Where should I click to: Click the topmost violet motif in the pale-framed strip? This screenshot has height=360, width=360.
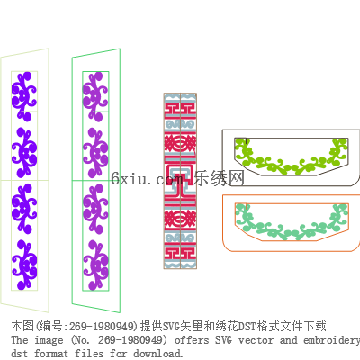click(x=24, y=96)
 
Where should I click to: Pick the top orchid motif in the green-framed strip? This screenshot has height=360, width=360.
click(x=95, y=96)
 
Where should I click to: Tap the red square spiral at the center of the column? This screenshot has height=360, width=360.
click(x=180, y=181)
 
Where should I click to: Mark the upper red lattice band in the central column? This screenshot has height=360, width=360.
click(x=180, y=145)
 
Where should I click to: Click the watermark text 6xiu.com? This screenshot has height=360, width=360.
click(x=147, y=179)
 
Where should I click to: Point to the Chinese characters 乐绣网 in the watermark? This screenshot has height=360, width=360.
click(x=219, y=178)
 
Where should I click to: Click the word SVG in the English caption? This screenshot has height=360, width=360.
click(x=223, y=340)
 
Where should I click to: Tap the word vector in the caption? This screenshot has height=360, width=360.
click(x=256, y=340)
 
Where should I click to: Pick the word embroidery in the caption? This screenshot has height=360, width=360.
click(x=332, y=341)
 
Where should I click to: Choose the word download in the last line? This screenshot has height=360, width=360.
click(x=157, y=353)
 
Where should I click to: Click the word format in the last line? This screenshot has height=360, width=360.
click(x=51, y=353)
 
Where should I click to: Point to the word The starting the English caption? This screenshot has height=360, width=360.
click(x=20, y=340)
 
